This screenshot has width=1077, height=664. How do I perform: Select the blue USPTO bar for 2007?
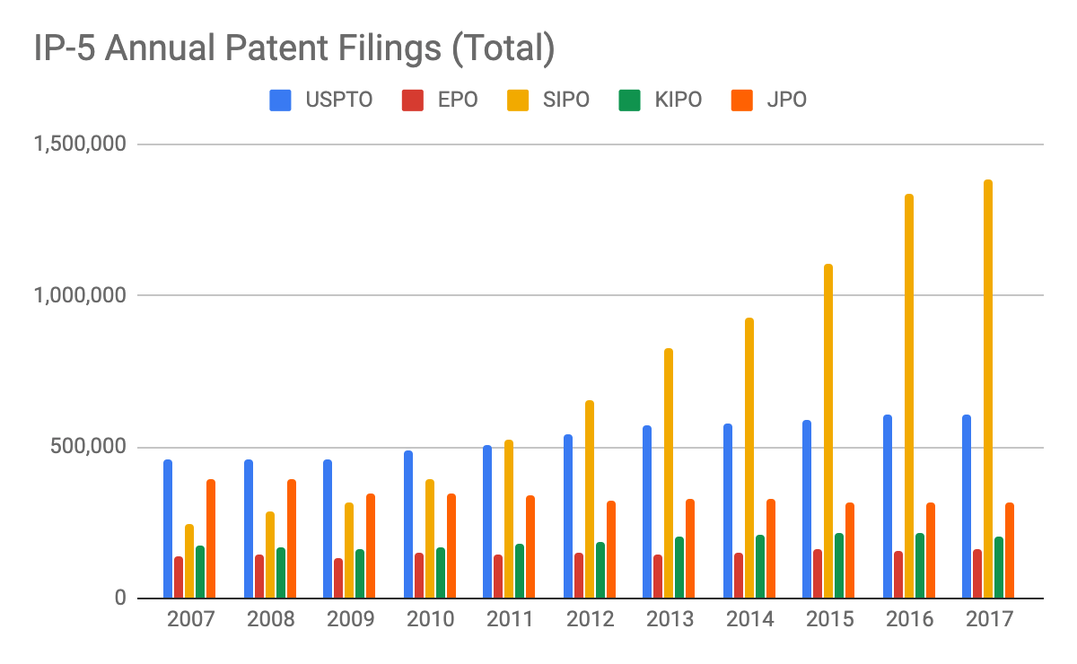[x=168, y=529]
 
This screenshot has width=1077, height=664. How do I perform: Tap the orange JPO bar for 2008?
[x=292, y=538]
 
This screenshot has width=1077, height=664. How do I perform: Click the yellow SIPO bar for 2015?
[x=828, y=431]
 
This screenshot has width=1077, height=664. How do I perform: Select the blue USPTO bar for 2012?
[x=568, y=516]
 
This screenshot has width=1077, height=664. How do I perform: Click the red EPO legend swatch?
[x=412, y=100]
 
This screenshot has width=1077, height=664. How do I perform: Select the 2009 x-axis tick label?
[x=349, y=620]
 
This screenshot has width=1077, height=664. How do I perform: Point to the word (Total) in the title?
[x=503, y=49]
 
